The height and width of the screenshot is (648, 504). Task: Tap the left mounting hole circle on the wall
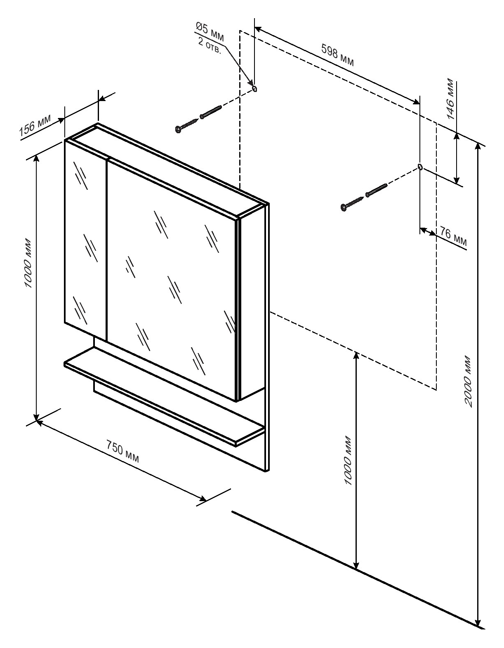coord(254,88)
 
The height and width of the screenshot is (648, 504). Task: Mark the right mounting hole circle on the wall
coord(420,167)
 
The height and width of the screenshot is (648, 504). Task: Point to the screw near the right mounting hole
coord(352,203)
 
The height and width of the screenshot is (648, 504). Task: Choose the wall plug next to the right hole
coord(377,190)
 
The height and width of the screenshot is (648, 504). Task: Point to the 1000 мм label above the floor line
coord(348,460)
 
